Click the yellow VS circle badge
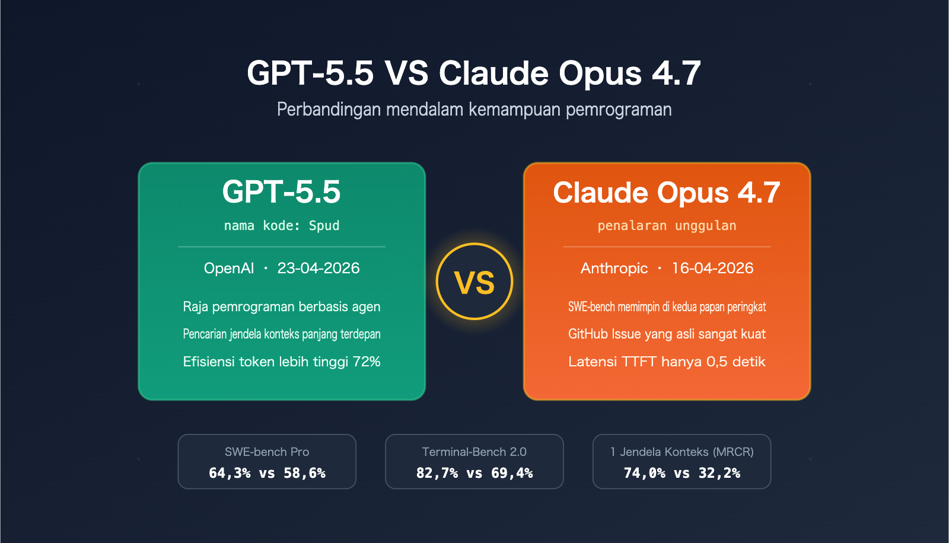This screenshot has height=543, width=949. tap(474, 282)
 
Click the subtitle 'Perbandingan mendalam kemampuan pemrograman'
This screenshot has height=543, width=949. tap(474, 110)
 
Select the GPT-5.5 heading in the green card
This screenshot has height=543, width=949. tap(281, 192)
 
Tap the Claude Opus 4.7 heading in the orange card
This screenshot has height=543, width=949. tap(666, 193)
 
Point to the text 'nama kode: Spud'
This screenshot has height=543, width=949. tap(281, 226)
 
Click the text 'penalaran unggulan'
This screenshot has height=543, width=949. tap(667, 226)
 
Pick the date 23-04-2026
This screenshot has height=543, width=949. tap(319, 269)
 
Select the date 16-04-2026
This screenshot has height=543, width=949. tap(712, 269)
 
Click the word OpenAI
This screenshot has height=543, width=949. tap(229, 269)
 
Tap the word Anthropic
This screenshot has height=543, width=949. tap(614, 269)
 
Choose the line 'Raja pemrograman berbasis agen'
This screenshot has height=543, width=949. tap(281, 307)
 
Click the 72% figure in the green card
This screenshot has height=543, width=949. tap(367, 362)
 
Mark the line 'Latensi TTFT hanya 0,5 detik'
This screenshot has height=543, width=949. tap(667, 362)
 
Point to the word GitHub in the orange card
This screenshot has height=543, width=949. tap(588, 334)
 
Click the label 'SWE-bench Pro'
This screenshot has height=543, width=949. tap(267, 452)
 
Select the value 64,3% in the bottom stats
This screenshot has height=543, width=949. tap(230, 473)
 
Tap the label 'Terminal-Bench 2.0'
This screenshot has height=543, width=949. tap(474, 452)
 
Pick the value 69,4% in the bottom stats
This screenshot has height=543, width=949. tap(512, 473)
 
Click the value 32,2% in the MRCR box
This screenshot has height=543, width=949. tap(719, 473)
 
